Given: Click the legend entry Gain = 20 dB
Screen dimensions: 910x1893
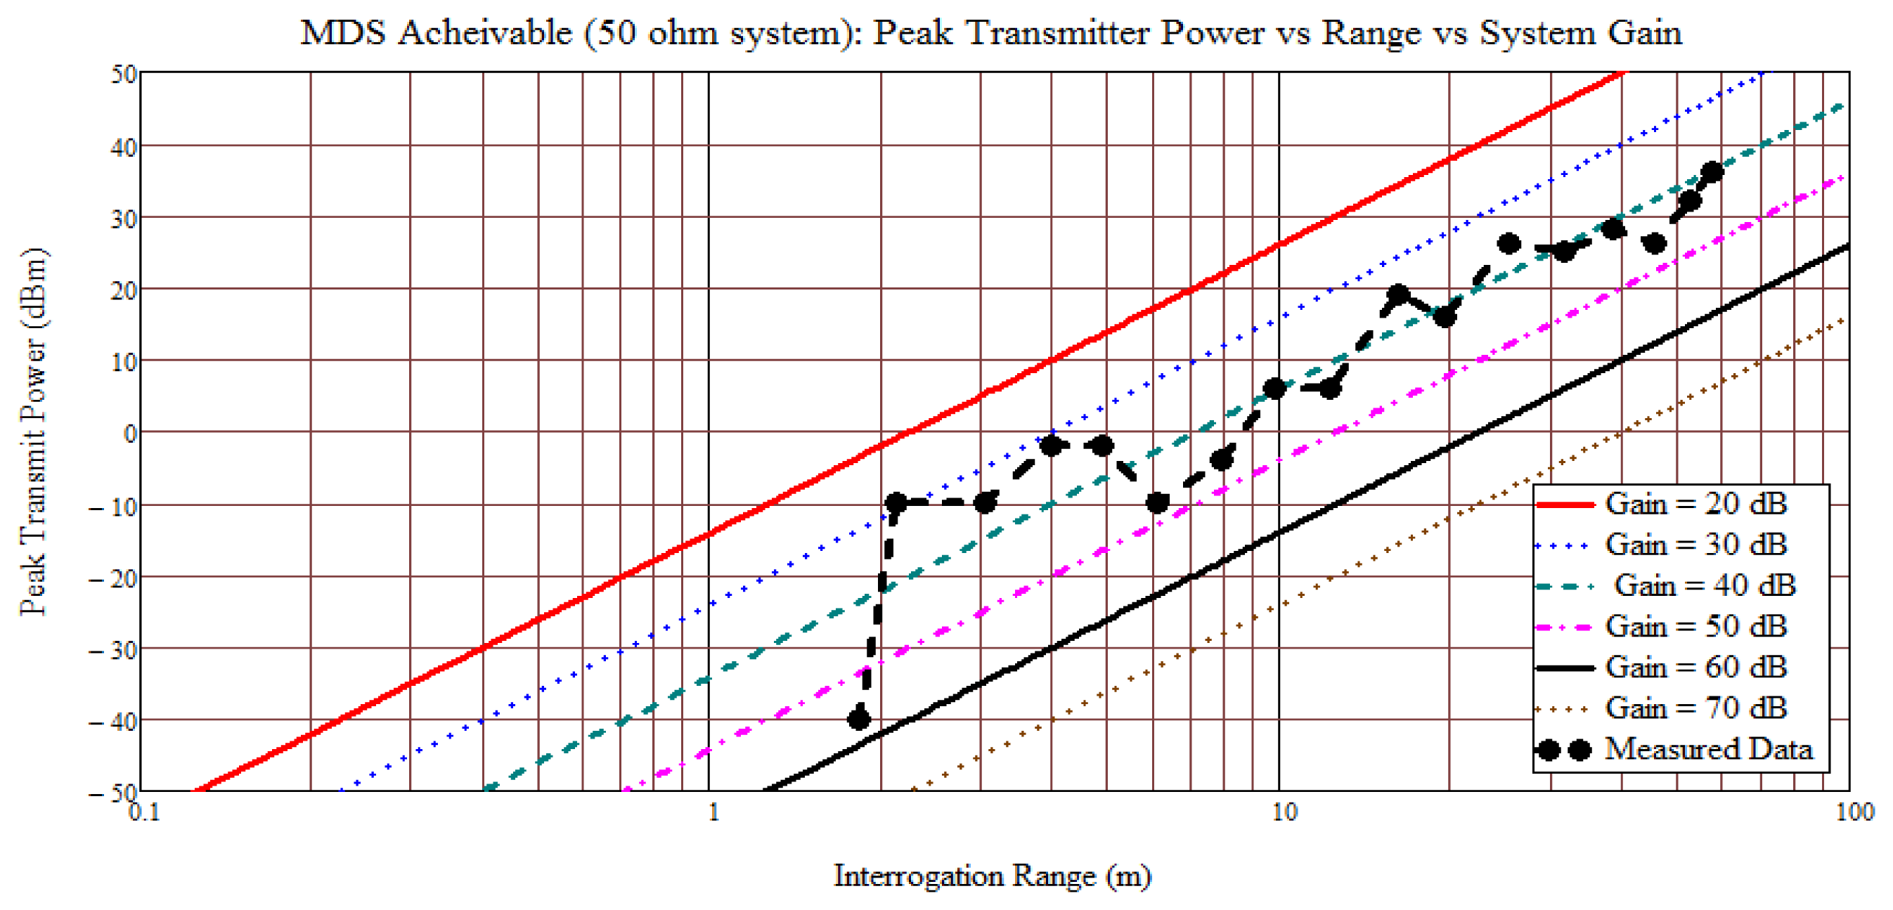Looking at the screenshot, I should [1695, 504].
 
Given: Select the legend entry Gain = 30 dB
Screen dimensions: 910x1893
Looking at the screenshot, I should [1695, 545].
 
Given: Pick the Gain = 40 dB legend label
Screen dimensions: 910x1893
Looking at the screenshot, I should [1704, 585].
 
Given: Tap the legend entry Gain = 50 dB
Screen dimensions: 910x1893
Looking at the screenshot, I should [1695, 627].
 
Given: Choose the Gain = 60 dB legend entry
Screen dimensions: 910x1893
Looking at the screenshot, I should [1695, 668].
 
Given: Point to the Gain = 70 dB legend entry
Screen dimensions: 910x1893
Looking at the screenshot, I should [1695, 708].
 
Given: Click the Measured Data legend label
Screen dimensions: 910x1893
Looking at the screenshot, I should [1708, 749].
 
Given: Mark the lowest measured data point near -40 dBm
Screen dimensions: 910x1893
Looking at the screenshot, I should [858, 719].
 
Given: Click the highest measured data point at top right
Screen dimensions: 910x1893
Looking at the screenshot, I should [1712, 173].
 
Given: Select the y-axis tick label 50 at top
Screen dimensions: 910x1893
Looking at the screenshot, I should [124, 74].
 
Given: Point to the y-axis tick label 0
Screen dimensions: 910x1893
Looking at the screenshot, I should [130, 434].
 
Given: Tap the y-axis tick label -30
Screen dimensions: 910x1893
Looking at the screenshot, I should [114, 650].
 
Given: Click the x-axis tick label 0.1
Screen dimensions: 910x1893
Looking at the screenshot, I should [144, 812].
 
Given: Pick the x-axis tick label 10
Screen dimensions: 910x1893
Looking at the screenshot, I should [1284, 812].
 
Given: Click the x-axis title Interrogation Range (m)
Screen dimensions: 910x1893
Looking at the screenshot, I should [992, 876].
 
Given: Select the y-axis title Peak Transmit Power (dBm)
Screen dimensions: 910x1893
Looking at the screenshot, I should [34, 432].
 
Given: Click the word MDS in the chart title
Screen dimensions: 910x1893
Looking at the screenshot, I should [342, 33].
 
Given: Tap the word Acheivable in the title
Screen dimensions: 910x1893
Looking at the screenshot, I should [485, 33].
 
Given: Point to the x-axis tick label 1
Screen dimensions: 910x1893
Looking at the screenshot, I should [713, 812].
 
